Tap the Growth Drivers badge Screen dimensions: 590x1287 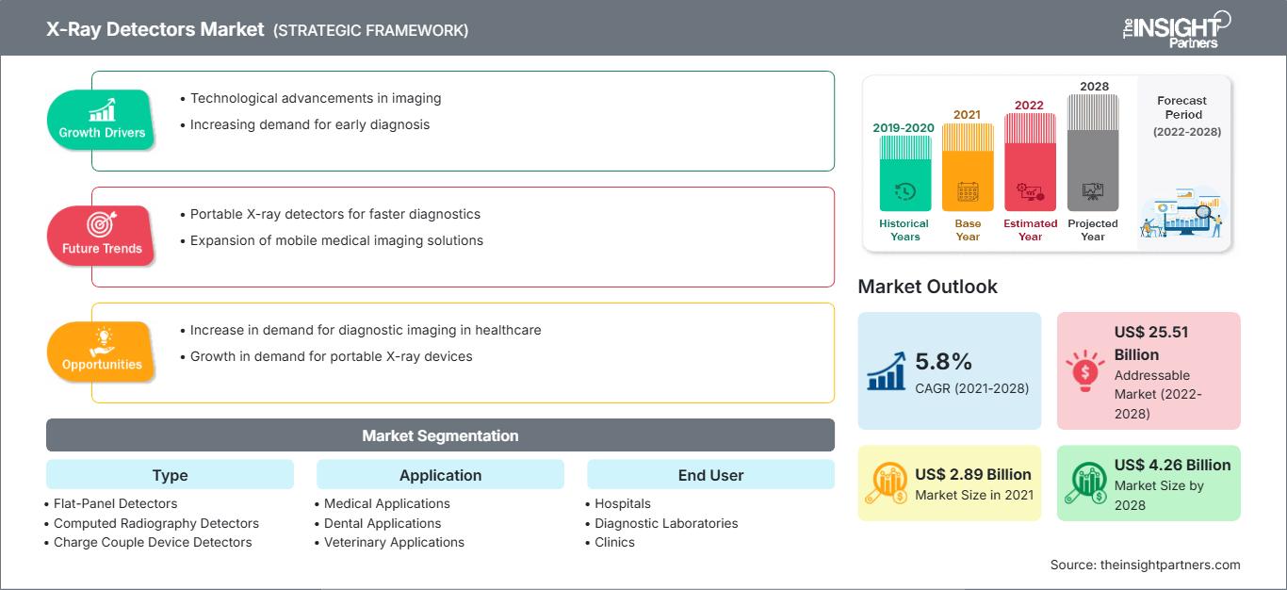pos(102,120)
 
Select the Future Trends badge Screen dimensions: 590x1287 pos(101,235)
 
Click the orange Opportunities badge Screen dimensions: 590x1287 pos(102,351)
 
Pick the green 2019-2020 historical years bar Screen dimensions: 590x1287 pos(904,173)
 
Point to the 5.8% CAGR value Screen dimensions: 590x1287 pos(943,361)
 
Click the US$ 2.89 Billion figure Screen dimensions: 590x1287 pos(973,474)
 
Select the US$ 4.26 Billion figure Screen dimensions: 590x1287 pos(1172,465)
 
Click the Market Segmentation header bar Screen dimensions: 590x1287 pos(440,435)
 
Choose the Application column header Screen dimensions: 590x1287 pos(440,475)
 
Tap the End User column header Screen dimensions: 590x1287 pos(710,475)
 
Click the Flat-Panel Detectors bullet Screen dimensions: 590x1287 pos(115,503)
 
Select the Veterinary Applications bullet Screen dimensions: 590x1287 pos(394,542)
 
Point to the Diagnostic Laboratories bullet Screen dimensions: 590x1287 pos(666,523)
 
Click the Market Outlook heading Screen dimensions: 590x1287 pos(927,287)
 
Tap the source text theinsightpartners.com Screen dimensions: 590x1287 pos(1145,565)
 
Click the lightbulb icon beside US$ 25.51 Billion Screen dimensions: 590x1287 pos(1084,369)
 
